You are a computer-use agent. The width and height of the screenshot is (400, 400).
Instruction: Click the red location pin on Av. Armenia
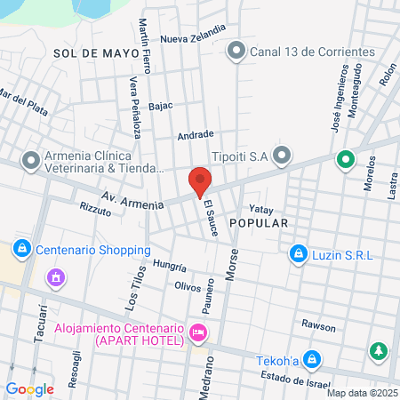(x=200, y=180)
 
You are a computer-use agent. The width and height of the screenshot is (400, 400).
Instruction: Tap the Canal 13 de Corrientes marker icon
(x=236, y=51)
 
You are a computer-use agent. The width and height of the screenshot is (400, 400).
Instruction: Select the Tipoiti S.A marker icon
(x=283, y=157)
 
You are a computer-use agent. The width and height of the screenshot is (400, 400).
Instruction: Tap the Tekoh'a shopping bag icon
(x=311, y=360)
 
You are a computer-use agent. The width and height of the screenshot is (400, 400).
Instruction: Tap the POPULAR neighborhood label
(x=259, y=223)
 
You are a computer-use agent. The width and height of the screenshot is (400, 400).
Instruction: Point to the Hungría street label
(x=169, y=267)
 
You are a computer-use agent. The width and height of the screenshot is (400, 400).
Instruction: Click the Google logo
(x=29, y=388)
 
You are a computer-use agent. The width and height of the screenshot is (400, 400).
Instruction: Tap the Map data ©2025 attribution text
(x=361, y=393)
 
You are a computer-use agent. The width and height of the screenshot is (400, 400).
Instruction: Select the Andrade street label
(x=196, y=135)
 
